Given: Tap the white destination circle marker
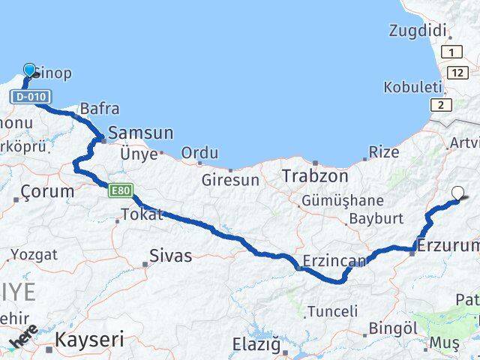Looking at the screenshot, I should click(x=457, y=193).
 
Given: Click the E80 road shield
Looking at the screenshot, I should click(x=121, y=190).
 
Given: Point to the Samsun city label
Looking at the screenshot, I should click(x=141, y=133).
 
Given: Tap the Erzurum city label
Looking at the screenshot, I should click(x=448, y=245).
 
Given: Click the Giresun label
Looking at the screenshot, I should click(x=230, y=180).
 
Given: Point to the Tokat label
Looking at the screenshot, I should click(x=137, y=216).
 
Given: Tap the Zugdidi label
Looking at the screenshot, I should click(x=418, y=31).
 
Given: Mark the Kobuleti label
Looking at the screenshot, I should click(x=412, y=88).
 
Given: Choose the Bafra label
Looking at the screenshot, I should click(x=99, y=109).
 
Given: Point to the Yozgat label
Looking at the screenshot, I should click(x=34, y=255).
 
